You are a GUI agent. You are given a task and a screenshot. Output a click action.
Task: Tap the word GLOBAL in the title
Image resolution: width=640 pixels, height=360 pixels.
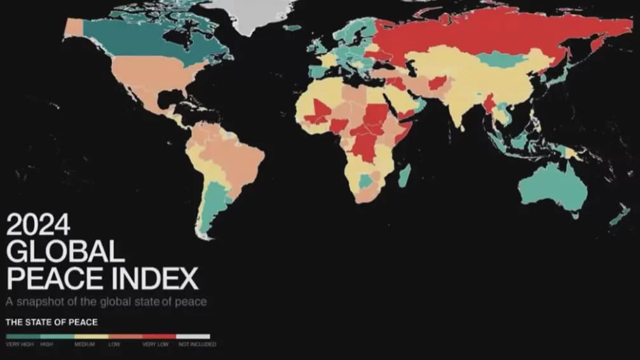coord(65,253)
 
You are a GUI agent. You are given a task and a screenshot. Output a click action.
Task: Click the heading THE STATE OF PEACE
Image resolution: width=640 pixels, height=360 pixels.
coord(51,322)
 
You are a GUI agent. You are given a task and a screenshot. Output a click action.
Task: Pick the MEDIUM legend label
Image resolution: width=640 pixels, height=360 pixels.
coord(84,344)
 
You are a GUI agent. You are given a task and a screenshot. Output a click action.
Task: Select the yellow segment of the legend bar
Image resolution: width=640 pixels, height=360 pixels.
coord(92,336)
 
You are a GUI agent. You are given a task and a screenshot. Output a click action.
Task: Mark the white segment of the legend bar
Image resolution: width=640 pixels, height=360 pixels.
coord(193,336)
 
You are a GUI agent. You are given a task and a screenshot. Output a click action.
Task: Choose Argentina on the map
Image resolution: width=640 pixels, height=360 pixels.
coord(210,204)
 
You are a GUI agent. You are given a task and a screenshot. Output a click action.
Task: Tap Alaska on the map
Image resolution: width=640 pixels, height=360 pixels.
coord(74,27)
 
